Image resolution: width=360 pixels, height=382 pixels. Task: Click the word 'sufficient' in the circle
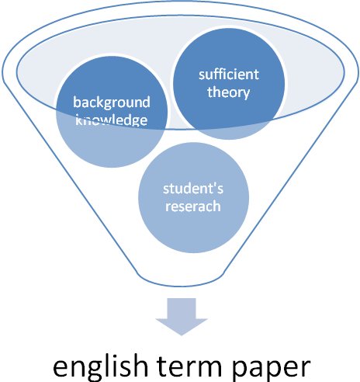tap(229, 75)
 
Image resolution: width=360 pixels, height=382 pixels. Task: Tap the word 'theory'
tap(229, 92)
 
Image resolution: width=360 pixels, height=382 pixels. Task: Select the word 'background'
tap(112, 102)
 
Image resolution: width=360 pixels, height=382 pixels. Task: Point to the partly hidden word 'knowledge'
tap(112, 120)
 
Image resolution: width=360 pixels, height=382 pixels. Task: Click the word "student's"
tap(193, 189)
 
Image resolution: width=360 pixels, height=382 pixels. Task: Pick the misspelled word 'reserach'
tap(193, 207)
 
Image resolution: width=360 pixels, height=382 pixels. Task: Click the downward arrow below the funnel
tap(182, 317)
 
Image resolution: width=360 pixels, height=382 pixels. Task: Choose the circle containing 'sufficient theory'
tap(229, 84)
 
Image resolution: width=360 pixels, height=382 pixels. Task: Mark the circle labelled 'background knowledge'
tap(112, 112)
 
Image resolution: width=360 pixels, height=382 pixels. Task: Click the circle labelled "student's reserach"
tap(193, 197)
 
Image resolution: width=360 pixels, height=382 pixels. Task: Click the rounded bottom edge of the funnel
tap(182, 286)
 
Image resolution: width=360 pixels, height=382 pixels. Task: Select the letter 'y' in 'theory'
tap(247, 95)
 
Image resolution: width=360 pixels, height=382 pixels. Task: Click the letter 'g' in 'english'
tap(86, 370)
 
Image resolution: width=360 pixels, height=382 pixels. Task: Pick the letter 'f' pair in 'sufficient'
tap(220, 74)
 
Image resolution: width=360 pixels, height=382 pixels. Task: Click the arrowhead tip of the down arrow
tap(182, 335)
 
